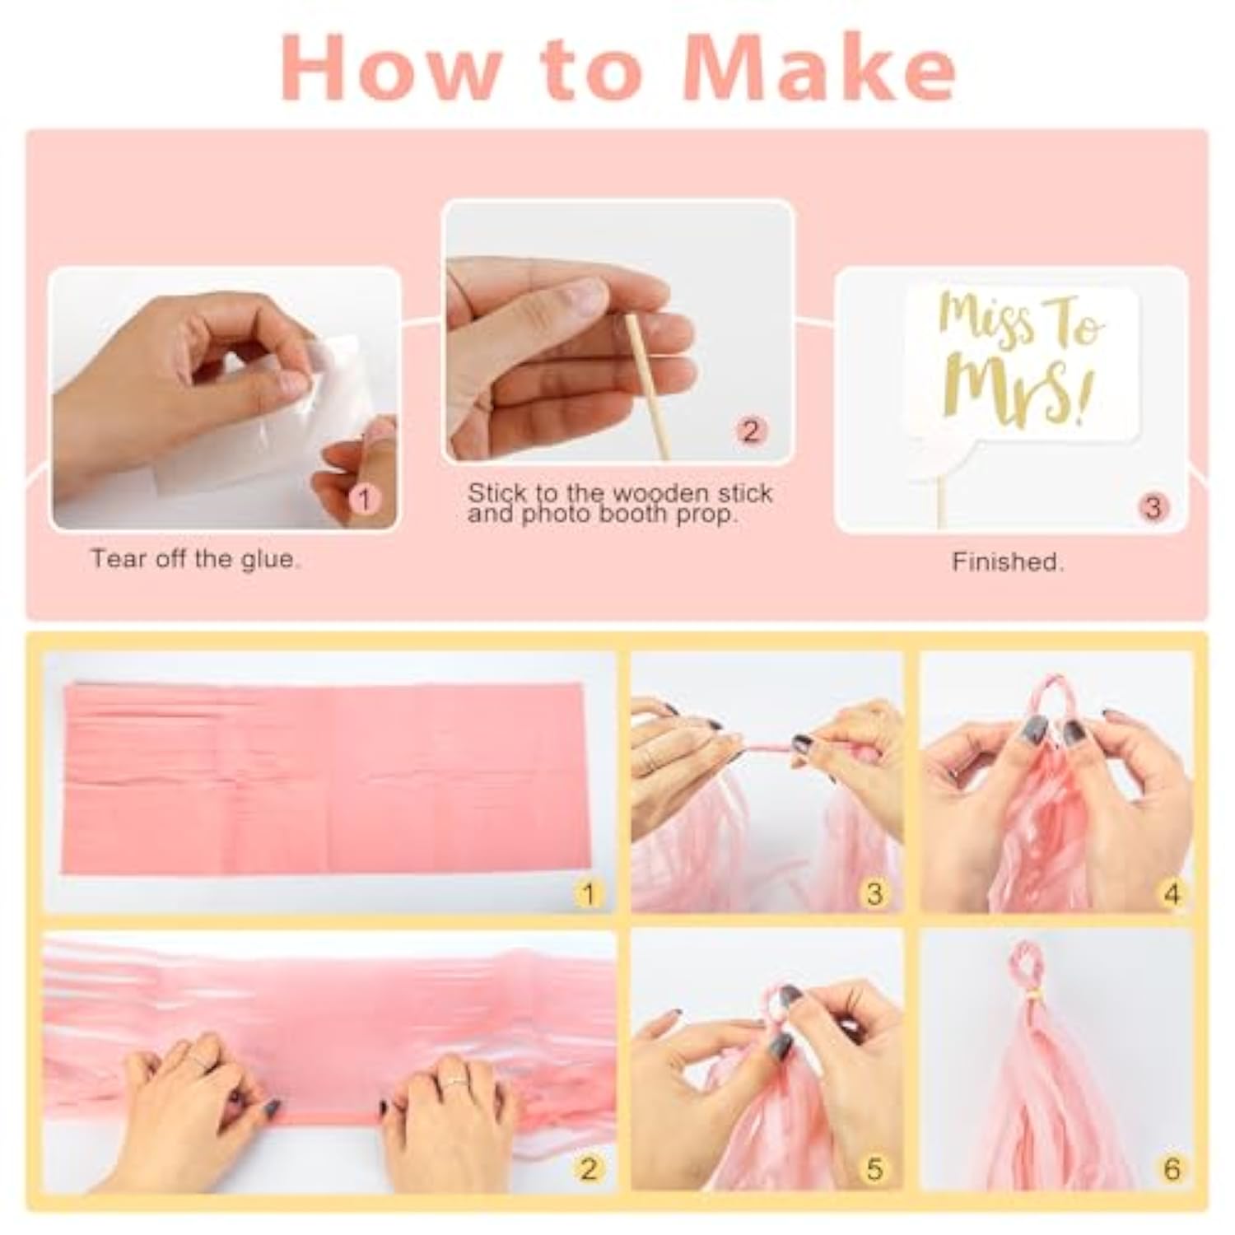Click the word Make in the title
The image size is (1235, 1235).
coord(819,68)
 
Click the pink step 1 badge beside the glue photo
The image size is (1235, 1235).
coord(365,499)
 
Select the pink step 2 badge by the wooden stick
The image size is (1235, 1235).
coord(750,431)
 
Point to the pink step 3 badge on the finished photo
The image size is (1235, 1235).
coord(1153,506)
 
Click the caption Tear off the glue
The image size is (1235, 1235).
coord(194,559)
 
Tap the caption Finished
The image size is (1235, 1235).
coord(1008,562)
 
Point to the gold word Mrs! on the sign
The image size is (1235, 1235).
coord(1023,392)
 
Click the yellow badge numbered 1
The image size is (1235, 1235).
coord(587,893)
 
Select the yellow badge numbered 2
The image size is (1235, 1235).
coord(587,1168)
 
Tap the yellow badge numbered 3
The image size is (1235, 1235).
coord(874,893)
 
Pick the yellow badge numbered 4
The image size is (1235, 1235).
coord(1172,893)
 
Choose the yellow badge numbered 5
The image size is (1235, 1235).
coord(874,1168)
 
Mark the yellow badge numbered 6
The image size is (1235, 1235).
coord(1172,1168)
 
